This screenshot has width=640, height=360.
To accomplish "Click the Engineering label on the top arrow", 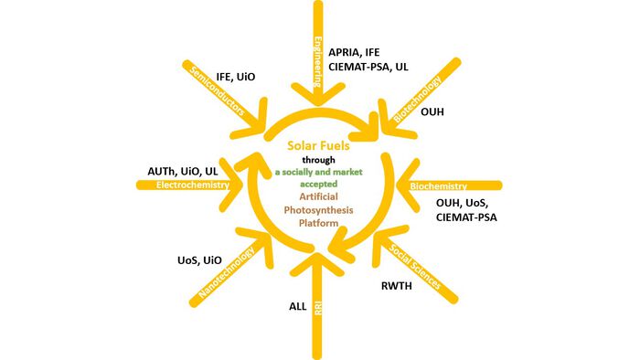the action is [x=318, y=62].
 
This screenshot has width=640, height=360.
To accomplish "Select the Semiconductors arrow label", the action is [x=218, y=91].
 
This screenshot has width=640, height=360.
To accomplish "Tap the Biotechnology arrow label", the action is [x=417, y=99].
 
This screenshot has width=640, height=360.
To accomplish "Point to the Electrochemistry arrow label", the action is [x=193, y=185].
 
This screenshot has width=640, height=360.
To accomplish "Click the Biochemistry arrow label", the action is [x=438, y=186].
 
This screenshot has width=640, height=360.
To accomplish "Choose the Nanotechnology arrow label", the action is [x=226, y=272].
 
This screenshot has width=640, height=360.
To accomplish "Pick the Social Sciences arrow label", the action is [x=415, y=267].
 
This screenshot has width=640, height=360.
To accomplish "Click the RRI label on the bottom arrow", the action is [x=318, y=308].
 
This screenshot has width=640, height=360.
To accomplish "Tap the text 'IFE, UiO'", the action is [x=236, y=77].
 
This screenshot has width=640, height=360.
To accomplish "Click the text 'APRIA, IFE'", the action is [x=354, y=53].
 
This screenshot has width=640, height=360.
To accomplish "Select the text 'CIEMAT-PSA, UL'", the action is [x=368, y=67].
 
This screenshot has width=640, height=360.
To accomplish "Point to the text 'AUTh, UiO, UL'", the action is [x=183, y=171].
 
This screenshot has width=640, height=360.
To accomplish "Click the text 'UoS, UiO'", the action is [x=199, y=260].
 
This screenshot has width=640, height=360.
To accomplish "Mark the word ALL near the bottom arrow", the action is [x=297, y=307].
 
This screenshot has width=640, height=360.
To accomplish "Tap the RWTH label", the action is [x=396, y=286].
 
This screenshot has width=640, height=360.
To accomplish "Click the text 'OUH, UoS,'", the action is [x=462, y=203].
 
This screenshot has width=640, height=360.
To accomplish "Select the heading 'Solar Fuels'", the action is [x=318, y=145].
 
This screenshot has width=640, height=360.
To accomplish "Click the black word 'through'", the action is [x=318, y=160].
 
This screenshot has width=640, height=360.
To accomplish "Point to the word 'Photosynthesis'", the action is [x=318, y=210].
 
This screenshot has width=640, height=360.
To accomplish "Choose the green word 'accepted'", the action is [x=318, y=184].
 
